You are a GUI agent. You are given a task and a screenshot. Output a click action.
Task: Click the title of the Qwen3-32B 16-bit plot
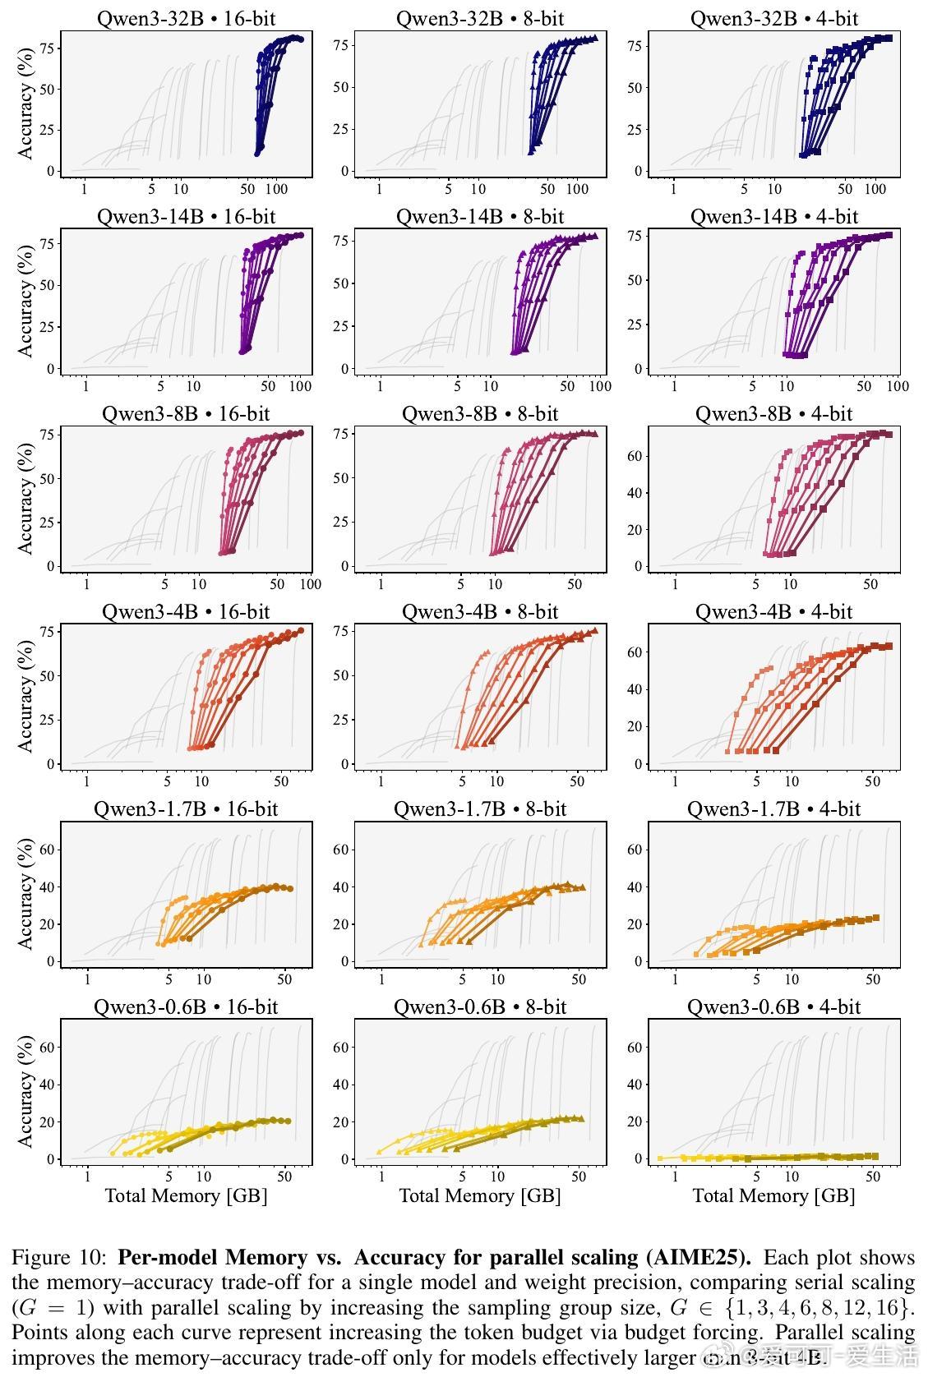click(187, 18)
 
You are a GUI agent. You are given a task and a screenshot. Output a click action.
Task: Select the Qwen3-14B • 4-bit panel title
click(773, 216)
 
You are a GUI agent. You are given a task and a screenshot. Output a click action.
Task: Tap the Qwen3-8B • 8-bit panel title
click(480, 413)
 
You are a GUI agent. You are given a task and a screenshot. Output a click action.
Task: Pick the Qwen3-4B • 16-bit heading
click(187, 611)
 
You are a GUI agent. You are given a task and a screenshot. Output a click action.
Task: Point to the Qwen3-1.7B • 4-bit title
click(773, 808)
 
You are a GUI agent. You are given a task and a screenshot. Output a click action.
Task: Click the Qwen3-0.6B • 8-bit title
click(480, 1006)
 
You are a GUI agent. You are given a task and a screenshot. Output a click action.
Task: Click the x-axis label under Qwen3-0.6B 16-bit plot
click(187, 1195)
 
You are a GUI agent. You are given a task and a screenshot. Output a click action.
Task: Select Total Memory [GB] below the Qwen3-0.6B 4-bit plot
click(773, 1195)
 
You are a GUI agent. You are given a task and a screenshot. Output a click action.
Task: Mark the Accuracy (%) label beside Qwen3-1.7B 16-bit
click(25, 894)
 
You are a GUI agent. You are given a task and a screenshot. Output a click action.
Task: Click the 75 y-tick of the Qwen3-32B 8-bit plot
click(341, 45)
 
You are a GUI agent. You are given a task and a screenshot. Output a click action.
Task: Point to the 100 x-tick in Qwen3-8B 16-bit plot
click(310, 584)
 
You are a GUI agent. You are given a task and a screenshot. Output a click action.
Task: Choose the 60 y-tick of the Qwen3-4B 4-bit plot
click(635, 652)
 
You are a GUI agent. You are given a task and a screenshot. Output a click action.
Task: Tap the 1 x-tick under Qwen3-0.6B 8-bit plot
click(381, 1177)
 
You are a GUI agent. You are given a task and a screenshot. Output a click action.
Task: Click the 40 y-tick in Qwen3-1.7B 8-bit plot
click(341, 887)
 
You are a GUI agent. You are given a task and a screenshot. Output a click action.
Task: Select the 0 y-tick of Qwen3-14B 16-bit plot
click(51, 369)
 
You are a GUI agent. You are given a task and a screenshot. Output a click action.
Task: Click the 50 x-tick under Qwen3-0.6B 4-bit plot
click(873, 1177)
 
